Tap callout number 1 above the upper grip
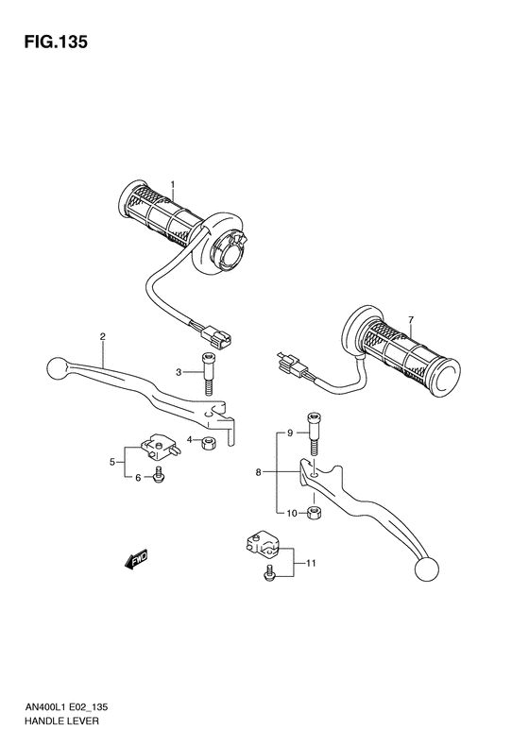pos(173,184)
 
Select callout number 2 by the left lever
pos(102,337)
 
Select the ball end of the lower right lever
pos(427,568)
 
